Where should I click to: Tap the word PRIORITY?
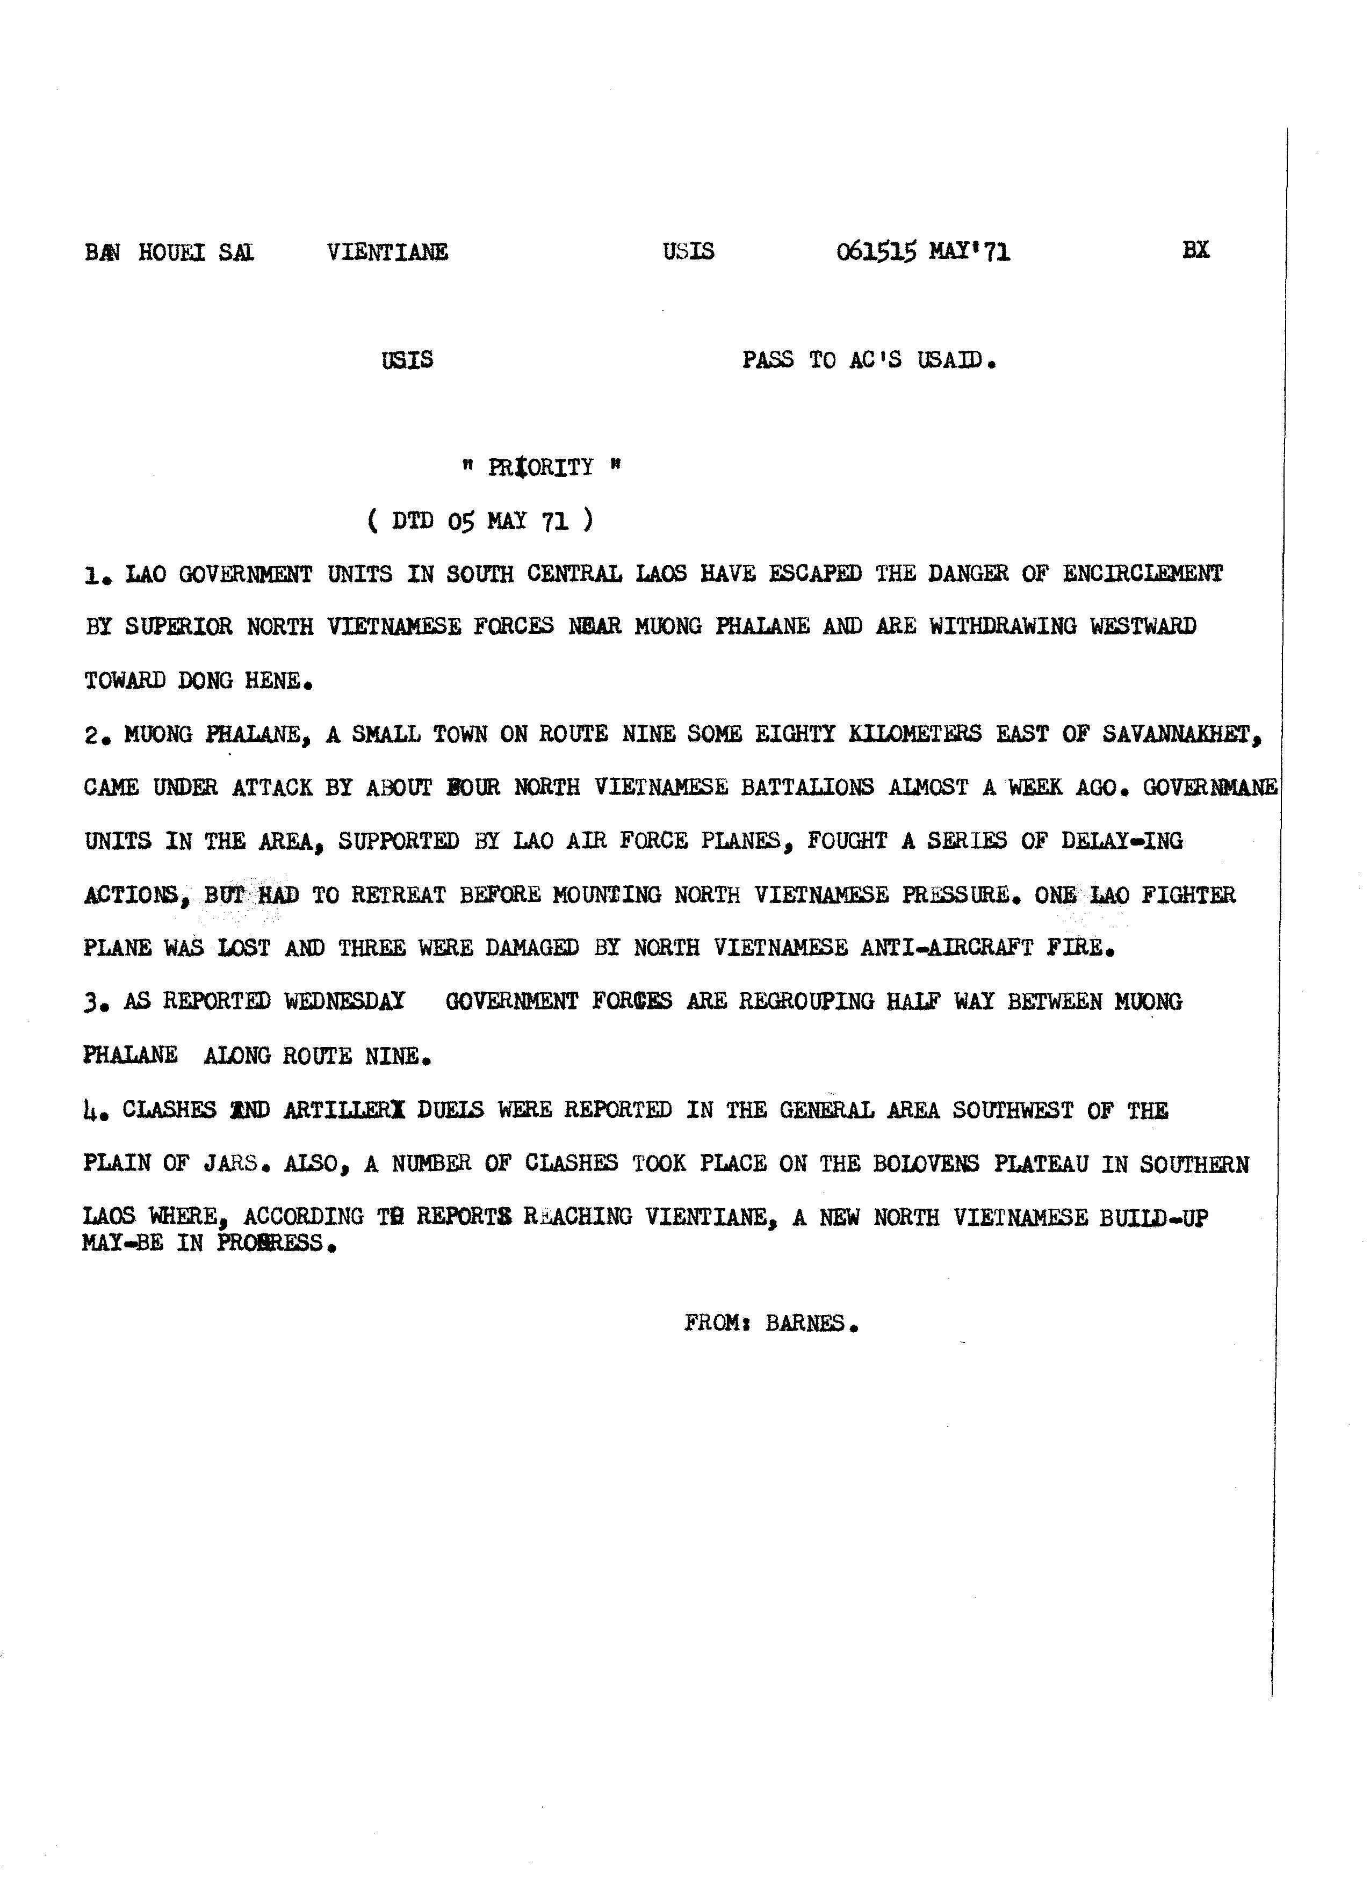[x=540, y=467]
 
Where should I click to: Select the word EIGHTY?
[x=795, y=734]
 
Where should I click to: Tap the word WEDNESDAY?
[x=344, y=1001]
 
